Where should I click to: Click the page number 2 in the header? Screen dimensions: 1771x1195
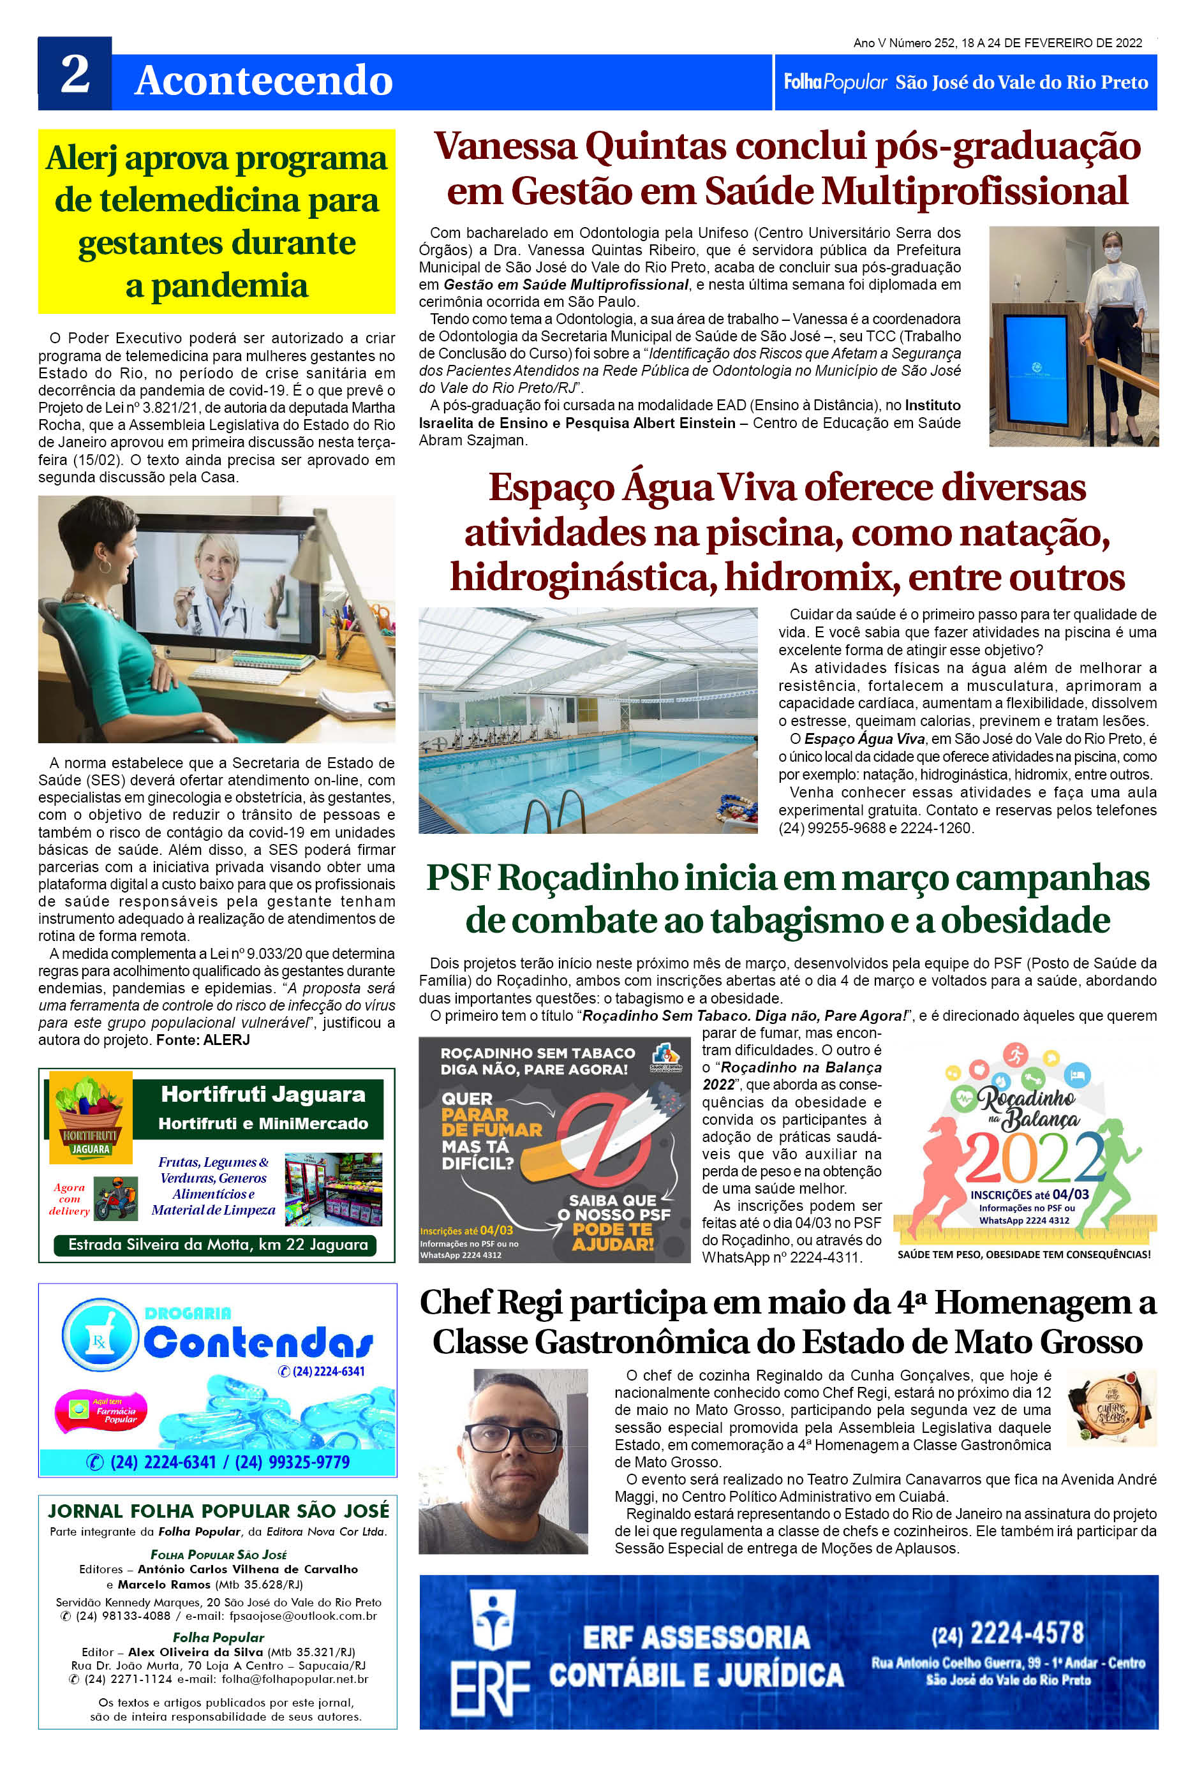coord(75,75)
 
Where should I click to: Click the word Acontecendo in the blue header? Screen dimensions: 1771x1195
coord(263,81)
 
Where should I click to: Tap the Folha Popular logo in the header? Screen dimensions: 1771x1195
coord(835,82)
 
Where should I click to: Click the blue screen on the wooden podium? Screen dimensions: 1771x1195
coord(1037,369)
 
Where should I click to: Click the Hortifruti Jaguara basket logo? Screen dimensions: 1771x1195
coord(90,1116)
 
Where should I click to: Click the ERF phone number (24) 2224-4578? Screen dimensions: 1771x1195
coord(1007,1633)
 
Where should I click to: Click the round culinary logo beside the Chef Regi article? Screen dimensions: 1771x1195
coord(1111,1407)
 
